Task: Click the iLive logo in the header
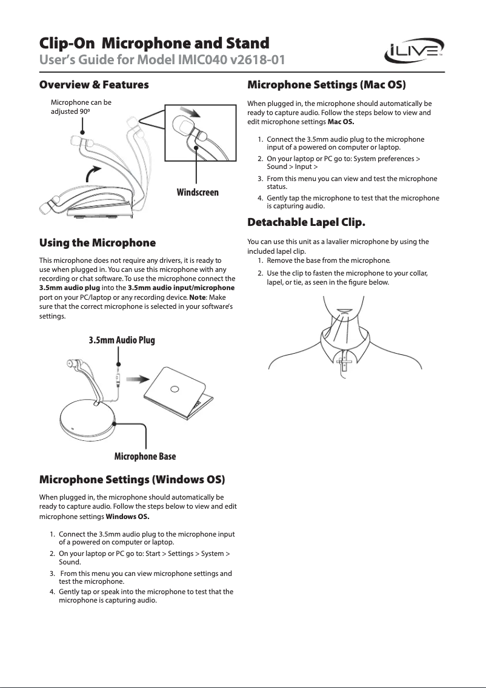click(x=415, y=51)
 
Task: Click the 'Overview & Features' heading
click(x=94, y=84)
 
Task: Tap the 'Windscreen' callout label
click(x=198, y=192)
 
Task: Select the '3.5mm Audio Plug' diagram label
click(x=122, y=340)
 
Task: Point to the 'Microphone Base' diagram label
click(x=145, y=456)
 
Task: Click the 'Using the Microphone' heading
click(x=98, y=243)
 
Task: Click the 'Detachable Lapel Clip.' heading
click(x=307, y=222)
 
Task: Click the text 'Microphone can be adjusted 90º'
click(x=81, y=107)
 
